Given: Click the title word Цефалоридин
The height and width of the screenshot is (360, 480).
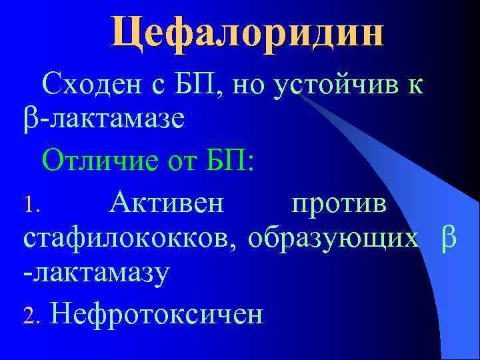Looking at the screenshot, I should [247, 31].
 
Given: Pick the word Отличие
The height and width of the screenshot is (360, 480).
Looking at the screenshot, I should [104, 161].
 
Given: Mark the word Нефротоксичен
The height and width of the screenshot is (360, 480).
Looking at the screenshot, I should [157, 313].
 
